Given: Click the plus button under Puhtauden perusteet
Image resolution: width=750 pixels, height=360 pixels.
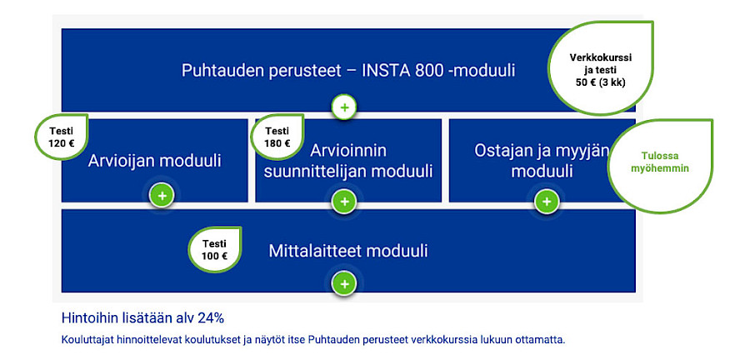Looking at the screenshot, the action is tap(344, 107).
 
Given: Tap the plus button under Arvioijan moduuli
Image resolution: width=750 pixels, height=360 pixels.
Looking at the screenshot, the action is tap(162, 196).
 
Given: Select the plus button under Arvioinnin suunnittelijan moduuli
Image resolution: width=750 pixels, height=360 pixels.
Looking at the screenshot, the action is tap(344, 202).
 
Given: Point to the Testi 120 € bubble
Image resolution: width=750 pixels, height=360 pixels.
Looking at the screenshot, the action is tap(61, 137).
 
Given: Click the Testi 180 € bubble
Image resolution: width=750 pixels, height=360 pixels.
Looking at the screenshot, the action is tap(277, 137).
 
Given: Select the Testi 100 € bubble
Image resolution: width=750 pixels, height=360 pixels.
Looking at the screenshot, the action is tap(214, 250).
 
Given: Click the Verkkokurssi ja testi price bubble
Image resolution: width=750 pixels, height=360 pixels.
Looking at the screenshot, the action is tap(601, 69).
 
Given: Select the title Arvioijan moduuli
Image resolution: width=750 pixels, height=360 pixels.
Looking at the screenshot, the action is tap(154, 161).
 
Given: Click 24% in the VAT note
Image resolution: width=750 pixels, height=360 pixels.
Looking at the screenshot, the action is tap(211, 318).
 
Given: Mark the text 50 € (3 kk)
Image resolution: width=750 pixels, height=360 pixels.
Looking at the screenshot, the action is tap(601, 82).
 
